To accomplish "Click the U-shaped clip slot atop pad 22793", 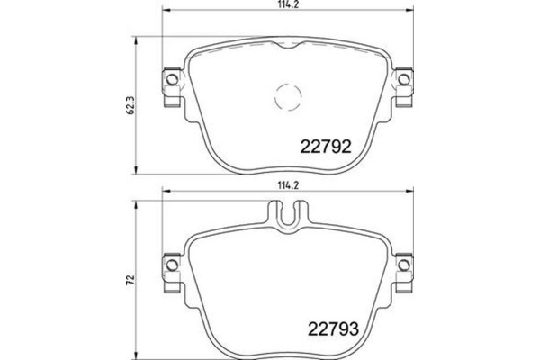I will [x=287, y=215].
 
